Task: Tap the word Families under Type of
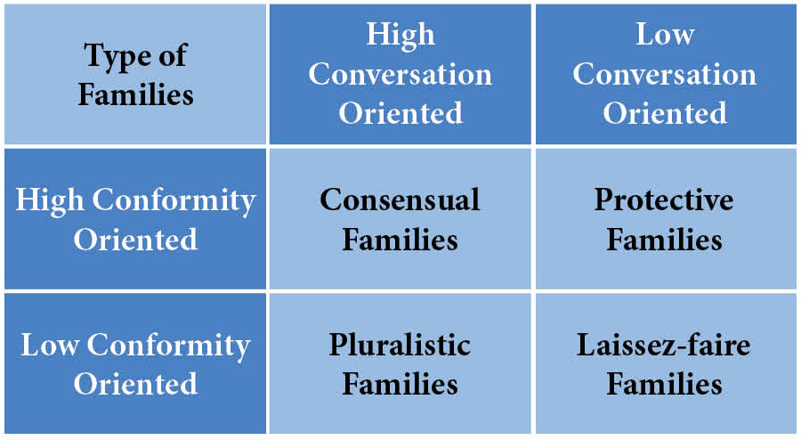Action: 135,94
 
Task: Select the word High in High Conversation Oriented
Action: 400,35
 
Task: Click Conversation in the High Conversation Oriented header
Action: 400,74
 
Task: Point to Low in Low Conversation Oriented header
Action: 665,35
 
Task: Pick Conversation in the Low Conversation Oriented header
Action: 665,74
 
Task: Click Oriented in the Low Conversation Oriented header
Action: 665,113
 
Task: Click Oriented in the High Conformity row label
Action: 135,240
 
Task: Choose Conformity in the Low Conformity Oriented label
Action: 170,345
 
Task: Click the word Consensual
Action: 400,200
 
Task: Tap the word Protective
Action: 664,200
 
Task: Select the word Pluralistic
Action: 400,345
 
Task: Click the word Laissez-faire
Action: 664,345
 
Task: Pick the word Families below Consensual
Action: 400,240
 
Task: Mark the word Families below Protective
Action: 664,240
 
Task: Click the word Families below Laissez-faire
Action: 664,384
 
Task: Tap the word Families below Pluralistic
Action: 400,384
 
